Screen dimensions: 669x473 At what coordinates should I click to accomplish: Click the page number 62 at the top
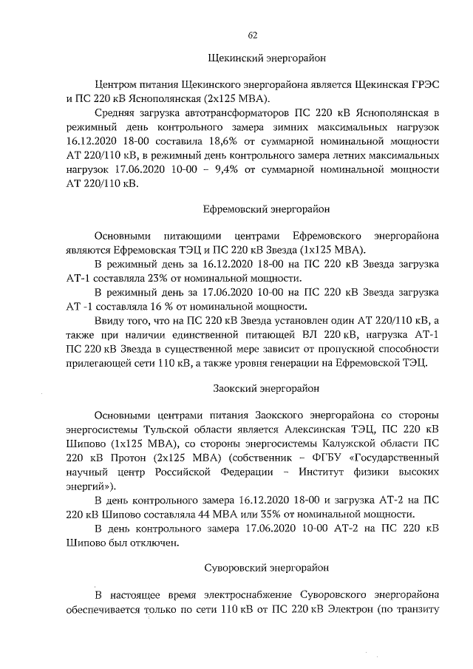tap(253, 35)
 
